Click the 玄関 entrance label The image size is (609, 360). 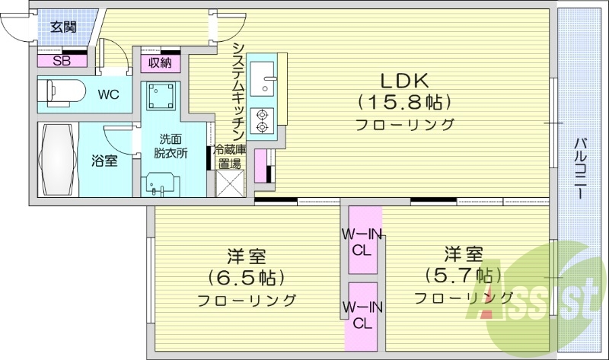pos(63,28)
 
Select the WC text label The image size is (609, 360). pos(107,95)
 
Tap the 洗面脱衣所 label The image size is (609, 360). pos(170,145)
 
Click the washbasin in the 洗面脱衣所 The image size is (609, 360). pos(161,184)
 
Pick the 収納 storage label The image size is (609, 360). pos(159,62)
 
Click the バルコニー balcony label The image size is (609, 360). pos(580,168)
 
